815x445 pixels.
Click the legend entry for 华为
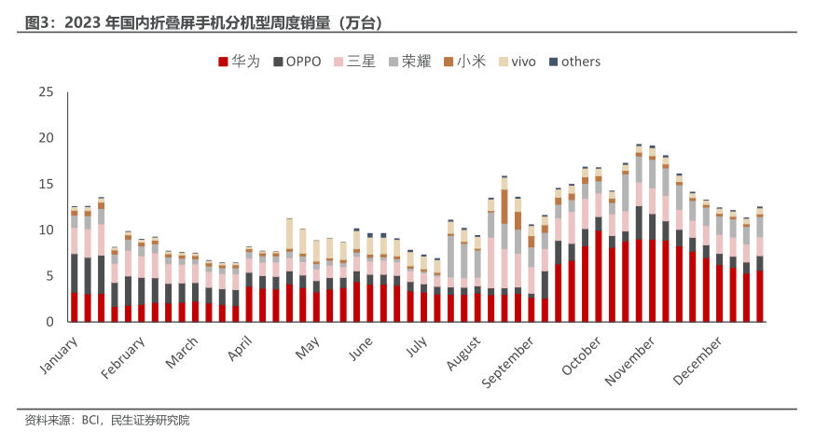click(x=239, y=62)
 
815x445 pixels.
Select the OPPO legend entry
click(x=297, y=62)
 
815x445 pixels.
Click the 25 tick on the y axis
click(x=46, y=91)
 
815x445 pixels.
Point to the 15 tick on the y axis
click(x=46, y=184)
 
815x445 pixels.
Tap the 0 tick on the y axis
click(x=50, y=322)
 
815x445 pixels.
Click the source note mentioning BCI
click(x=107, y=421)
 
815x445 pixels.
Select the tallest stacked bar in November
click(x=639, y=233)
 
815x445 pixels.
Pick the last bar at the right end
click(x=760, y=265)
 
